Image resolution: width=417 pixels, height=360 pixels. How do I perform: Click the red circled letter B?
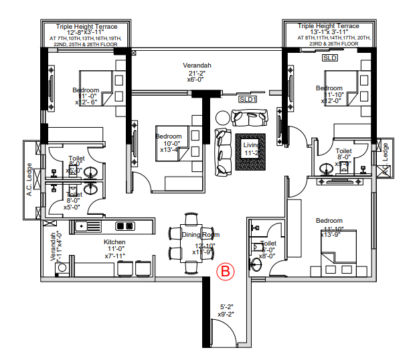[x=226, y=271]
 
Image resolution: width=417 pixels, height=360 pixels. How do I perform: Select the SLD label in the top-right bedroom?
[x=329, y=58]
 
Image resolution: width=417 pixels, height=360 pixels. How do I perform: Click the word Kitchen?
[x=114, y=242]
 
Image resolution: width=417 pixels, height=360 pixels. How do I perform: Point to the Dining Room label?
[x=201, y=235]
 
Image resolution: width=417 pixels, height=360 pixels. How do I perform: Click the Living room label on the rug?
[x=250, y=145]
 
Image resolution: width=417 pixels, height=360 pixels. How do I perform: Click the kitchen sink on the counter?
[x=88, y=226]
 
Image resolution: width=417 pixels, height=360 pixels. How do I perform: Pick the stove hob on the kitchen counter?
[x=124, y=226]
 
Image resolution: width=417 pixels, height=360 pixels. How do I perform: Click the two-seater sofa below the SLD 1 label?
[x=248, y=118]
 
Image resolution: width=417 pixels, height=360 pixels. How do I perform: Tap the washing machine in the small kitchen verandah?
[x=62, y=268]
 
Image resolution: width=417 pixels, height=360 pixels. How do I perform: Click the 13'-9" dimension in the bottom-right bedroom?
[x=331, y=234]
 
